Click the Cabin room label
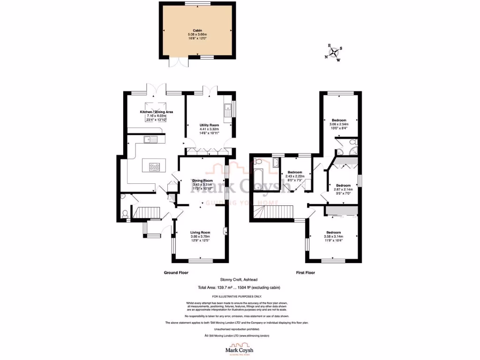pos(197,31)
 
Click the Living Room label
pos(200,232)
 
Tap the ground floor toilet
pos(125,214)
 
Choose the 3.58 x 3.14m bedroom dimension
pos(334,236)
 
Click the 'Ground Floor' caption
pos(176,272)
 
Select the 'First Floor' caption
pos(306,272)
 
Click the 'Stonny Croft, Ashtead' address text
pos(240,281)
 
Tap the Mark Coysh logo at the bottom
pos(240,349)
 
